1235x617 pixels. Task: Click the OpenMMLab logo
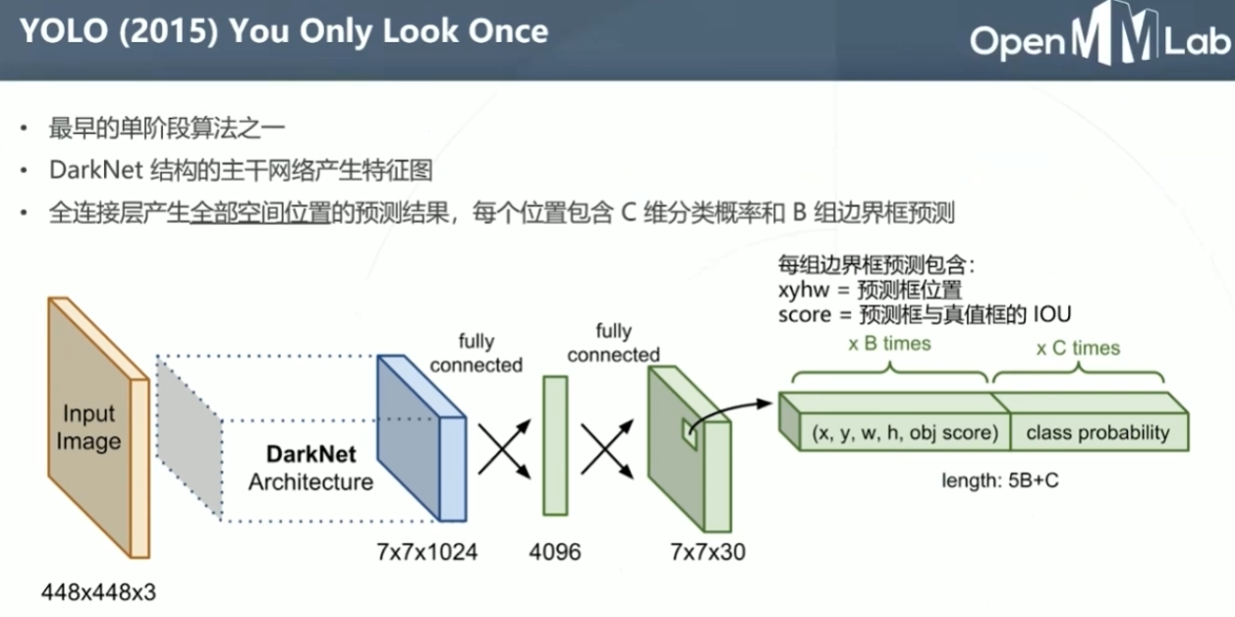coord(1098,40)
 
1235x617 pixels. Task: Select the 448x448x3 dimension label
coord(98,592)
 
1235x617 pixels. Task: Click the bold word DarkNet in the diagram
coord(310,455)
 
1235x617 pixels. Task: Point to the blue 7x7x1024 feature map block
coord(419,437)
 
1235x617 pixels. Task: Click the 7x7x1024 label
coord(426,552)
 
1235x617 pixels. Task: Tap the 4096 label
coord(555,552)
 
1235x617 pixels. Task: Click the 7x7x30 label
coord(707,552)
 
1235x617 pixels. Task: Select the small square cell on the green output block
coord(689,433)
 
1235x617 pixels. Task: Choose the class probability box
coord(1097,432)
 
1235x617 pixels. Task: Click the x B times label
coord(889,345)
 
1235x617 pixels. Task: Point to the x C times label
coord(1078,348)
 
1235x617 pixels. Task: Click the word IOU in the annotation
coord(1051,314)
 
